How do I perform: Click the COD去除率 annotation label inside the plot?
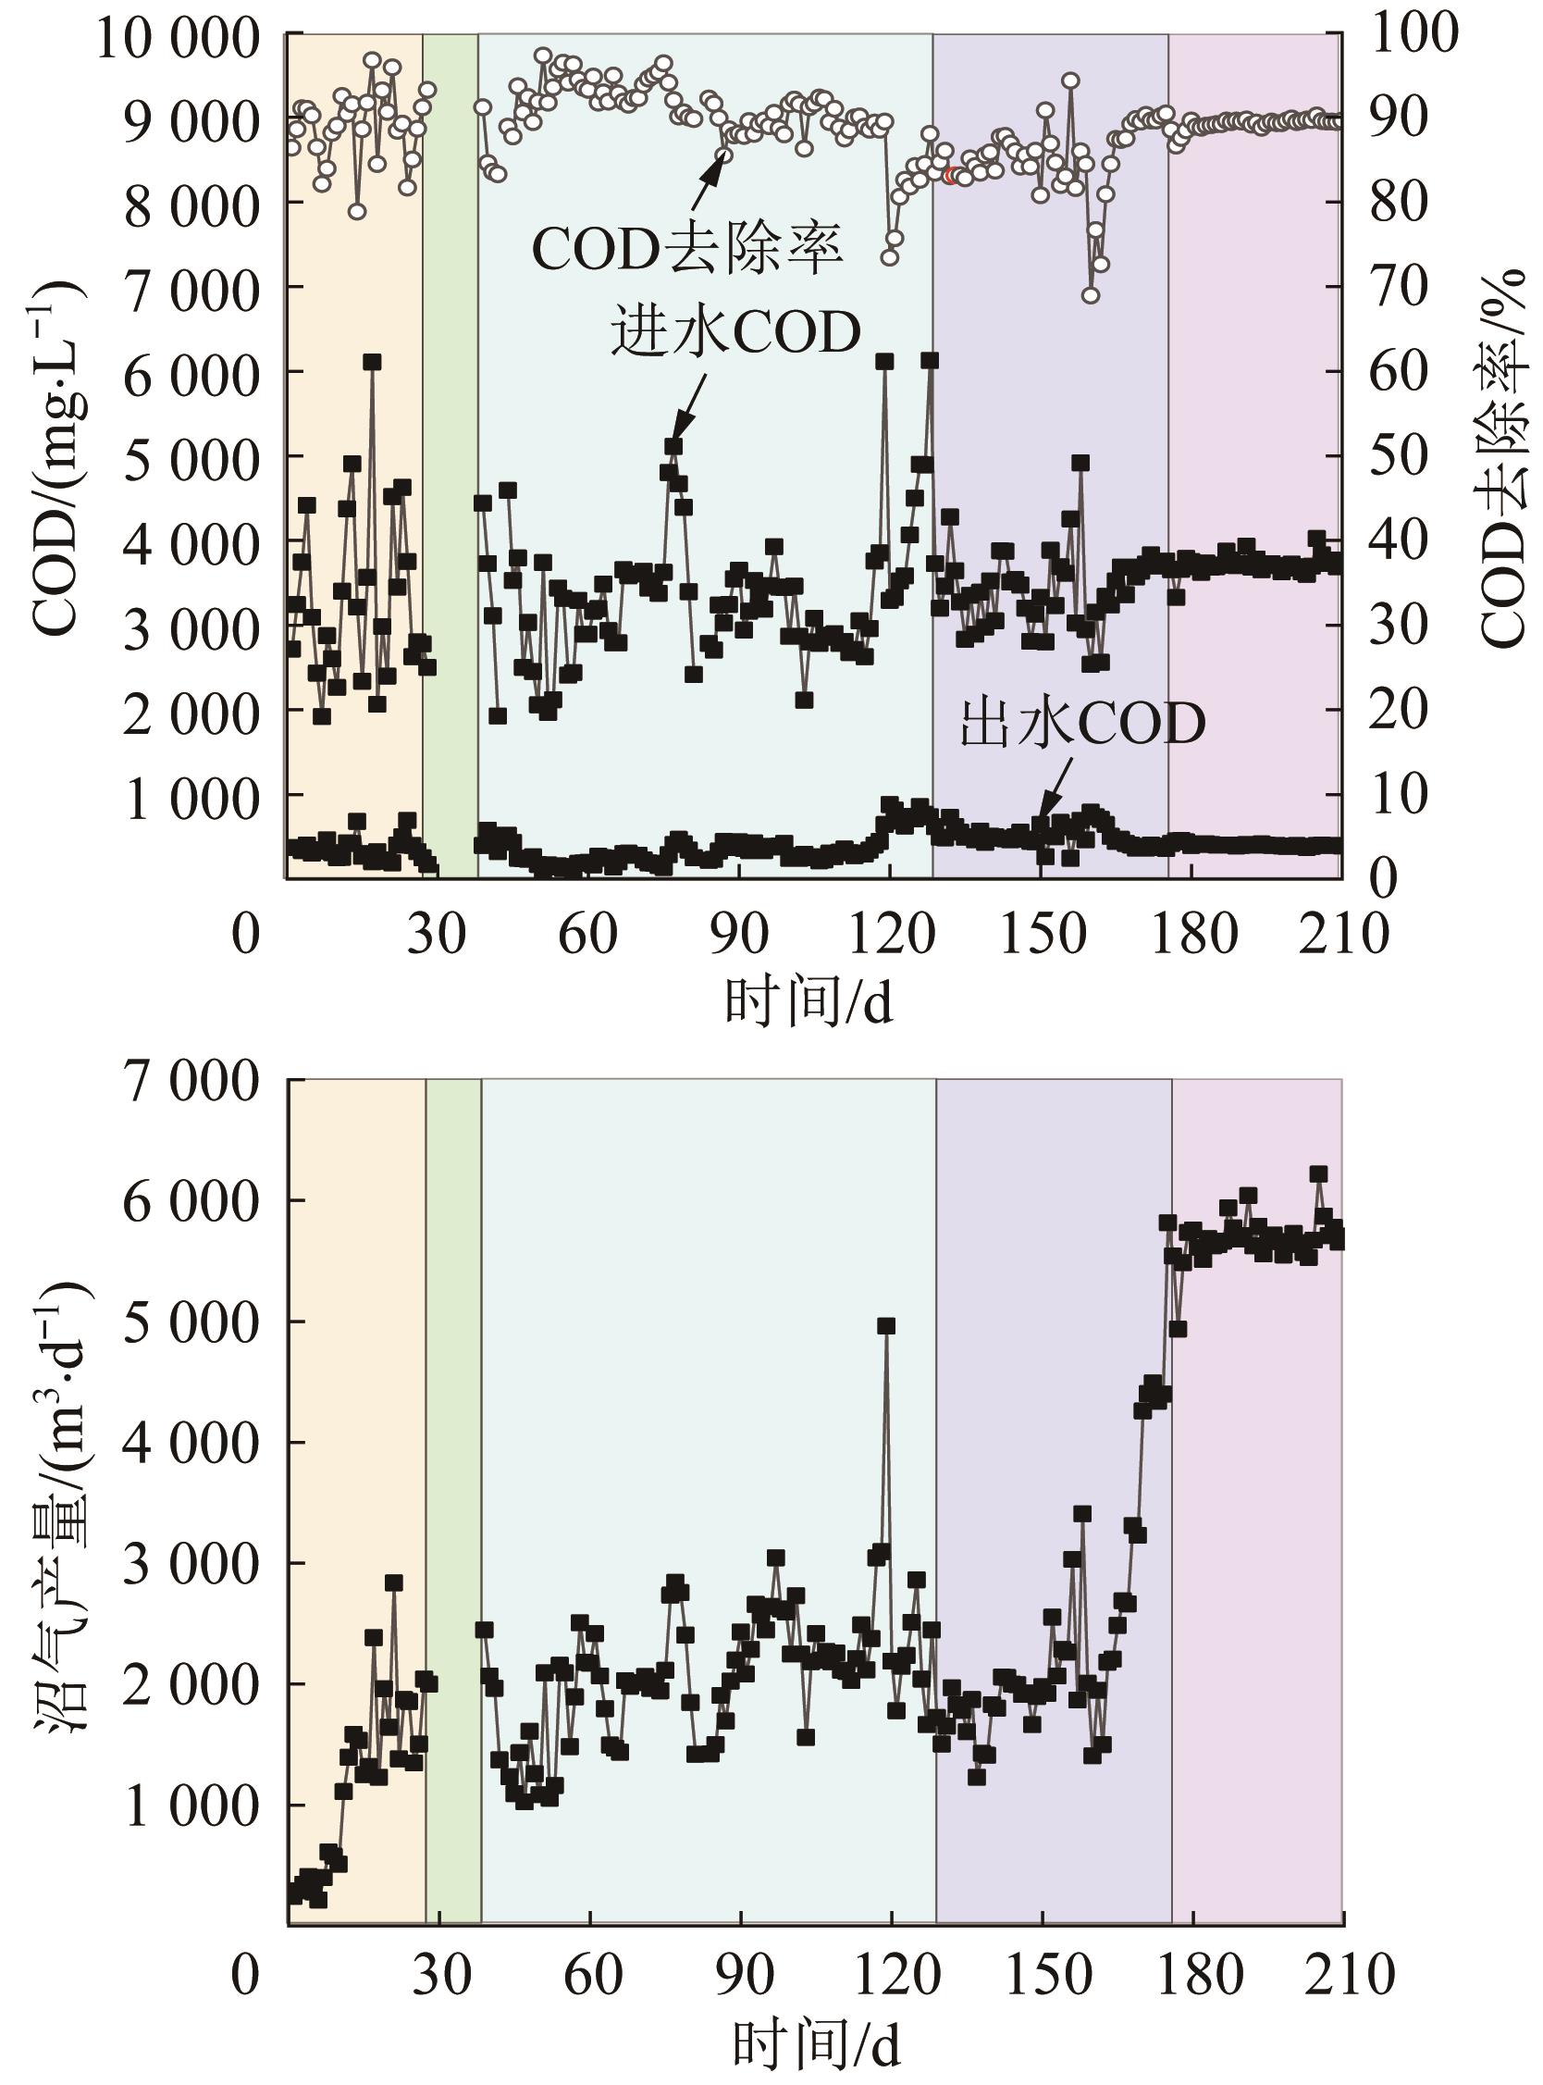(x=687, y=250)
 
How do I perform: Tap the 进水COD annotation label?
(x=735, y=332)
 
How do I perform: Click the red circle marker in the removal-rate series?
(x=951, y=176)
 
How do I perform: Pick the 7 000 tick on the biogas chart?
(x=190, y=1080)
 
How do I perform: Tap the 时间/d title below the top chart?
(x=809, y=1004)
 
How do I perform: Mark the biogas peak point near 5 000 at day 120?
(x=886, y=1325)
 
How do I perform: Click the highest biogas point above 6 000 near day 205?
(x=1319, y=1174)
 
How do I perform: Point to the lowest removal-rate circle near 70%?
(x=1090, y=295)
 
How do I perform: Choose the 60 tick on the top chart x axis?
(x=587, y=933)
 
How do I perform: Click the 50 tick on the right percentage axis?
(x=1398, y=456)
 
